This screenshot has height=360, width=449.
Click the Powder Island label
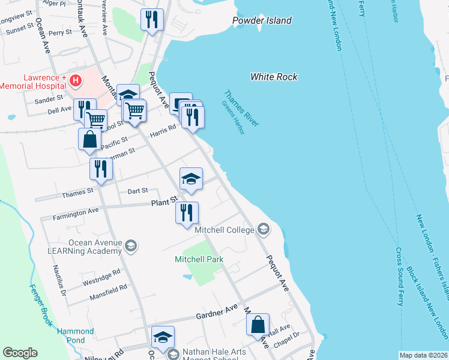pyautogui.click(x=262, y=20)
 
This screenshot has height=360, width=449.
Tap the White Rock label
pyautogui.click(x=274, y=77)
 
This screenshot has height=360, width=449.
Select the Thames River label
pyautogui.click(x=241, y=108)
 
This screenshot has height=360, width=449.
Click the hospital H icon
pyautogui.click(x=75, y=80)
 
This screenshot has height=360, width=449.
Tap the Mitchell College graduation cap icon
pyautogui.click(x=263, y=229)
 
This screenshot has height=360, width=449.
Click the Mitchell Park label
pyautogui.click(x=199, y=259)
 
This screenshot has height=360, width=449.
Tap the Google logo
pyautogui.click(x=20, y=353)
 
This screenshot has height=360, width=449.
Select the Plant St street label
pyautogui.click(x=164, y=201)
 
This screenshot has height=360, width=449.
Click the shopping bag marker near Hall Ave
pyautogui.click(x=258, y=324)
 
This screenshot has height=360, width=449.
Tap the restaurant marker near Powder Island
pyautogui.click(x=152, y=19)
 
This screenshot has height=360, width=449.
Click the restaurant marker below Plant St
pyautogui.click(x=187, y=212)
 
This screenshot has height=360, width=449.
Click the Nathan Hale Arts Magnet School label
pyautogui.click(x=208, y=354)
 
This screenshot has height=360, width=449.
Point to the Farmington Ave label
pyautogui.click(x=75, y=212)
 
